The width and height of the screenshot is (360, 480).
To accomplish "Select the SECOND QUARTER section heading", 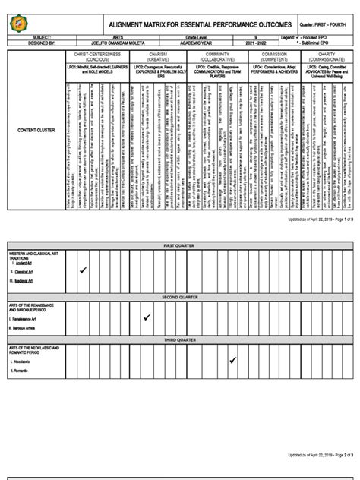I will pos(179,297).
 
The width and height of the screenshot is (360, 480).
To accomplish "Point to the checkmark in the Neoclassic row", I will pos(234,362).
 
